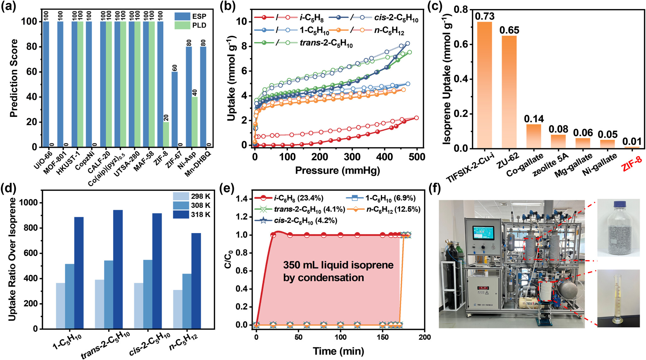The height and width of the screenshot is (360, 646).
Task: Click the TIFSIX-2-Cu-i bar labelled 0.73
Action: tap(484, 85)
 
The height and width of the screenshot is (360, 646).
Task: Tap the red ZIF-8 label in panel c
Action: tap(632, 165)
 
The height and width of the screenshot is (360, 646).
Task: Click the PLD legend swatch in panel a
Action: tap(182, 25)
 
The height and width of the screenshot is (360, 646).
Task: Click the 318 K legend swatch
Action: tap(181, 215)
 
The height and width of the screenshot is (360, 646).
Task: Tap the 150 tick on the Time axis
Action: tap(383, 337)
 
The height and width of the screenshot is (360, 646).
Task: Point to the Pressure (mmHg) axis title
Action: tap(337, 170)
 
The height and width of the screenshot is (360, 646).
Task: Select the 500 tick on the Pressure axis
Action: tap(417, 157)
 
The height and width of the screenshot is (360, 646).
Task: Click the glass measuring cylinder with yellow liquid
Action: tap(618, 300)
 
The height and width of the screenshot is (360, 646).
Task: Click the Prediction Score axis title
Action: tap(14, 78)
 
